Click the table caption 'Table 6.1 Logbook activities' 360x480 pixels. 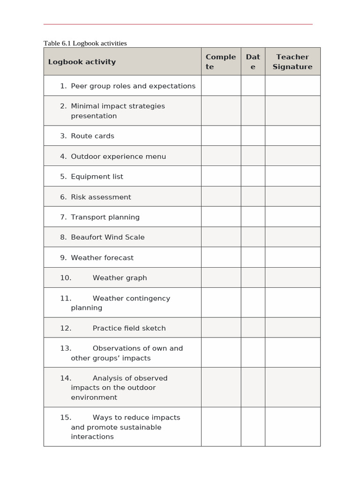tap(85, 43)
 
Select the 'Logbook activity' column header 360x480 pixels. tap(82, 62)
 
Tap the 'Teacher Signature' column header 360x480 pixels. tap(292, 62)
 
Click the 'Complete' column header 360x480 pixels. tap(221, 62)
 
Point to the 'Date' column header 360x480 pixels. tap(253, 62)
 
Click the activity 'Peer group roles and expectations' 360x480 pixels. tap(133, 86)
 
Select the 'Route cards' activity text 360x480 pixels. tap(92, 136)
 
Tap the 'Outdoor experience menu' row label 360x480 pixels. tap(118, 157)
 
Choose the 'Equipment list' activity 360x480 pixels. tap(97, 177)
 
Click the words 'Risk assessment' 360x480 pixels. tap(101, 197)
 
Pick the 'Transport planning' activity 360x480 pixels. tap(105, 217)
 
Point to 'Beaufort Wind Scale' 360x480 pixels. tap(108, 237)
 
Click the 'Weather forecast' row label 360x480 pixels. tap(102, 258)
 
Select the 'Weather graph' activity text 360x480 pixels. tap(120, 278)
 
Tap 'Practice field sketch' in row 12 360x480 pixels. tap(129, 328)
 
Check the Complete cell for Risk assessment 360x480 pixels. tap(221, 197)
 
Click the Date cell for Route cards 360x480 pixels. tap(253, 136)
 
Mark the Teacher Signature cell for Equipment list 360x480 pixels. tap(292, 177)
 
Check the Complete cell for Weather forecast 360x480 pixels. tap(221, 258)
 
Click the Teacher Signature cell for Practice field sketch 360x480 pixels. tap(292, 328)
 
